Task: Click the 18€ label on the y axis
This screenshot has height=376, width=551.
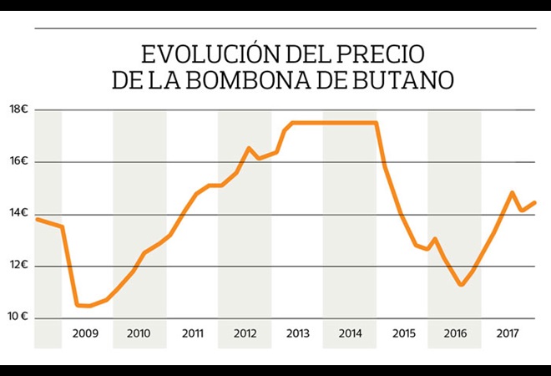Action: (x=19, y=109)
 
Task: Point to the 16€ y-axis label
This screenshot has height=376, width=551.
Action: (x=19, y=161)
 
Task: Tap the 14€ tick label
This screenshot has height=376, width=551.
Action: (x=19, y=213)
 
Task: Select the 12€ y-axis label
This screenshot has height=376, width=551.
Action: (x=19, y=265)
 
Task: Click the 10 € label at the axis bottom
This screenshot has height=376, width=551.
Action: (x=19, y=317)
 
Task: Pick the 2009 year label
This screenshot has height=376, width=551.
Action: (x=86, y=333)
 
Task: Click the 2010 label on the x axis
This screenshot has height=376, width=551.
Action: (x=139, y=333)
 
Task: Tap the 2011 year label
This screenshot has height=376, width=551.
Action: (x=192, y=333)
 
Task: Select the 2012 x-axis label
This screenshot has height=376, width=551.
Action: (x=245, y=333)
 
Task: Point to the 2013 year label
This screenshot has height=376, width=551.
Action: (x=297, y=333)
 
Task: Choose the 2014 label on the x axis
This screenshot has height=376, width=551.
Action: (x=350, y=333)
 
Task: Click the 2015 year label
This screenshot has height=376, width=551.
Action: (x=403, y=333)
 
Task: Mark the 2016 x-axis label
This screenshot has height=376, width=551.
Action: (x=455, y=333)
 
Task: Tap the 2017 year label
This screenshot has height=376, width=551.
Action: (x=508, y=333)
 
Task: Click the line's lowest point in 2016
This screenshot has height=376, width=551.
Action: (x=461, y=285)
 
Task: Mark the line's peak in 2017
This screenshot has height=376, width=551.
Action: (x=513, y=193)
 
